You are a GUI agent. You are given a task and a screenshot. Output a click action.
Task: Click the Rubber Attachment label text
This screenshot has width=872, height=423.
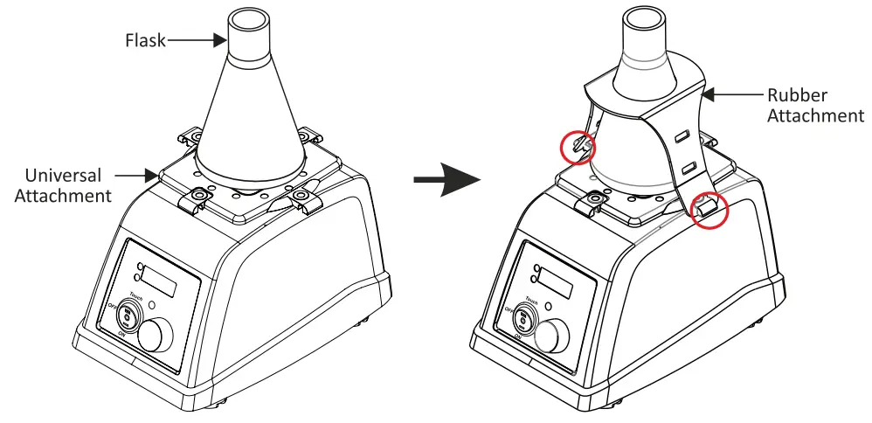tap(814, 105)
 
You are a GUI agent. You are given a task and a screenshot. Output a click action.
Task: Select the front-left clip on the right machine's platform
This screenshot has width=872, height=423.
tap(593, 201)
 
